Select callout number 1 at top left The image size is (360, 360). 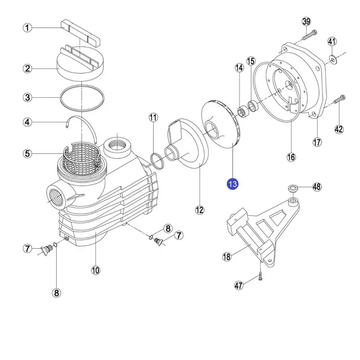(28, 28)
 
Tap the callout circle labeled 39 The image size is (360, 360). (306, 22)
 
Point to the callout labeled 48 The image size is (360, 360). (317, 187)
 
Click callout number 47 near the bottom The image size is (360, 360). (239, 285)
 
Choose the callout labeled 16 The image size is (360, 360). (291, 157)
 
